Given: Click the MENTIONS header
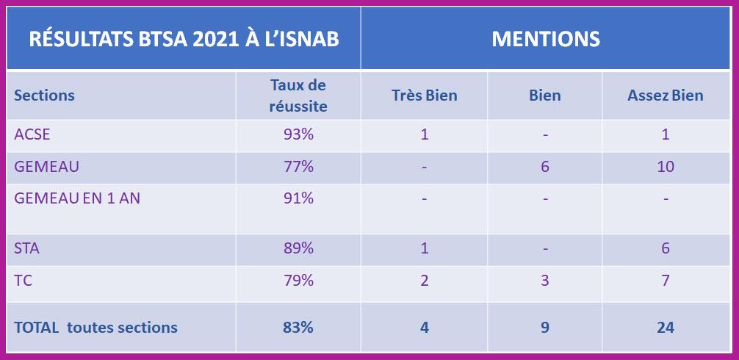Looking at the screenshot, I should coord(545,39).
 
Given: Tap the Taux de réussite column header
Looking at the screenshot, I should coord(298,96).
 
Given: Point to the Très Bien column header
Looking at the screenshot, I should coord(424,96).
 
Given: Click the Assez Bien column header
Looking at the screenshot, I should coord(665,96).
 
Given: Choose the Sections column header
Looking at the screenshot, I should coord(44,96).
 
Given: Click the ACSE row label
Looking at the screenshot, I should coord(32,134).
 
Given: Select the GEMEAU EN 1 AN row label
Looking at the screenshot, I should coord(76,198).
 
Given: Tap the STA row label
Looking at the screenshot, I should coord(27,248).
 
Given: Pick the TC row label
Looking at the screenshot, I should coord(24,281).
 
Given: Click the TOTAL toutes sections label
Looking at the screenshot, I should coord(95,327).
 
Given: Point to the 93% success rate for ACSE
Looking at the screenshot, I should coord(298,134).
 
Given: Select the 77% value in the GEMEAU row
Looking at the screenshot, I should coord(298,167).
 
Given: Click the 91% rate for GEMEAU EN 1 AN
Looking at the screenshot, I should coord(298,198).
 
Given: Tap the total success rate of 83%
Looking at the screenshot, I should coord(298,327).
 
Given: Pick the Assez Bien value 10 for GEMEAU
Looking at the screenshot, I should coord(665,167).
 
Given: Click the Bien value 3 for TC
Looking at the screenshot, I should coord(544,281).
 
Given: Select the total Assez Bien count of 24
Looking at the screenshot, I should coord(665,327).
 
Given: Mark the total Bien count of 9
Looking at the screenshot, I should coord(544,327).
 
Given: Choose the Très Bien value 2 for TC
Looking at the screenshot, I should coord(424,281).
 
